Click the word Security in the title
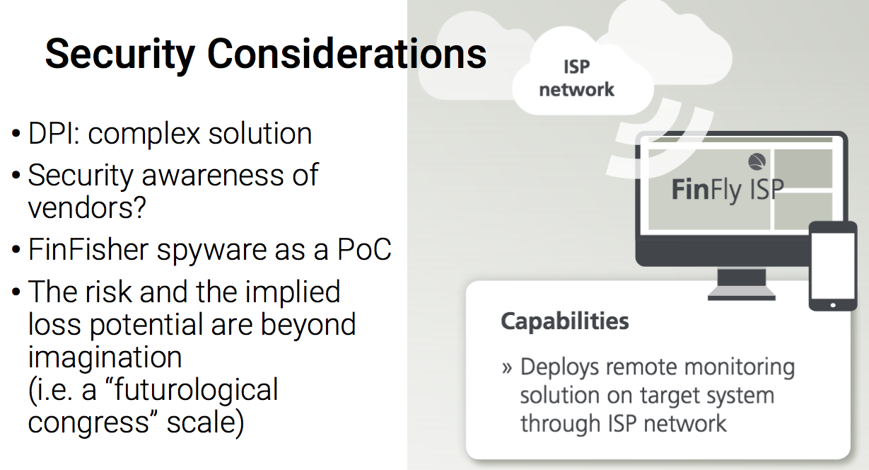click(120, 55)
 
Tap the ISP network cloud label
click(577, 78)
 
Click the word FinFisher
click(88, 249)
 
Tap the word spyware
click(212, 251)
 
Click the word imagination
click(105, 357)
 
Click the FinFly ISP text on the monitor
click(728, 190)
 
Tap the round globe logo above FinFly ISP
click(757, 161)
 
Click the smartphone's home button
click(833, 305)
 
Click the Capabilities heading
click(564, 322)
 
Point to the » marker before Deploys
click(507, 367)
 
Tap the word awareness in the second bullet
click(213, 176)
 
